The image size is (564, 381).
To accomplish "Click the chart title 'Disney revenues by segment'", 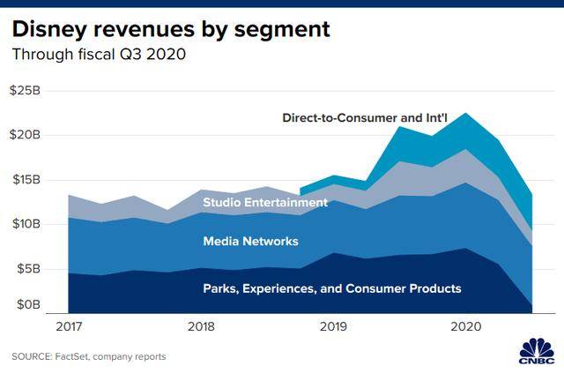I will click(x=171, y=29).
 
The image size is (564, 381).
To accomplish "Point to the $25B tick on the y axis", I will click(x=26, y=91).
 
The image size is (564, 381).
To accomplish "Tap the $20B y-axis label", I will click(x=26, y=135).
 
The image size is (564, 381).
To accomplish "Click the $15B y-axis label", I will click(x=26, y=179).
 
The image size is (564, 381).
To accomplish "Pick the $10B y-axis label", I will click(x=26, y=223).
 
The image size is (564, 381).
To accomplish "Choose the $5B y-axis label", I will click(x=29, y=267).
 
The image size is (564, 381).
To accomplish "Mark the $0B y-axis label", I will click(x=29, y=305).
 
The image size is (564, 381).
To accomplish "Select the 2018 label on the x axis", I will click(x=202, y=326).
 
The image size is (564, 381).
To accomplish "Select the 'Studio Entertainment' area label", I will click(x=265, y=202).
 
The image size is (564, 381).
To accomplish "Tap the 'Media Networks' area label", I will click(x=251, y=241).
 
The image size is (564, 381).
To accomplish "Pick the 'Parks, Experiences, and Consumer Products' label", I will click(x=332, y=288).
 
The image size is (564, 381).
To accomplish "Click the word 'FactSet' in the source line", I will click(x=84, y=356).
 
